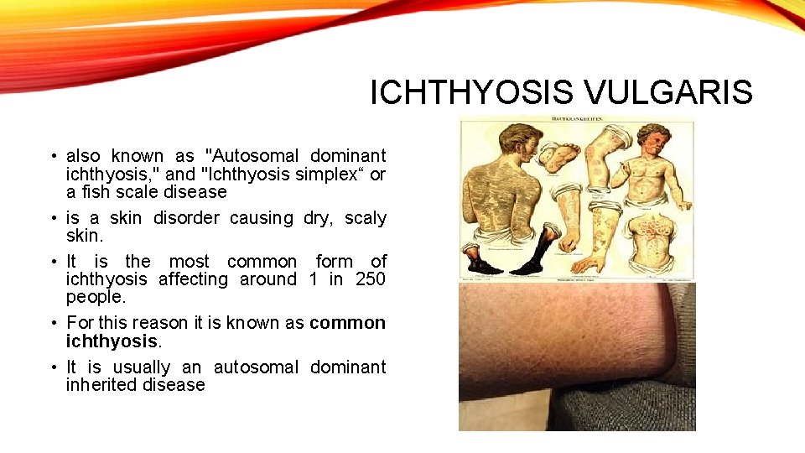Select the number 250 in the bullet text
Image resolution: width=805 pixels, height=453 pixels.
(370, 279)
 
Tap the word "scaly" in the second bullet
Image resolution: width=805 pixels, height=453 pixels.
(366, 218)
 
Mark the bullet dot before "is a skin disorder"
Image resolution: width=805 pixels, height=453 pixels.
(54, 219)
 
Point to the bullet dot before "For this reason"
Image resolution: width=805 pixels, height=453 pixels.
(54, 324)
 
